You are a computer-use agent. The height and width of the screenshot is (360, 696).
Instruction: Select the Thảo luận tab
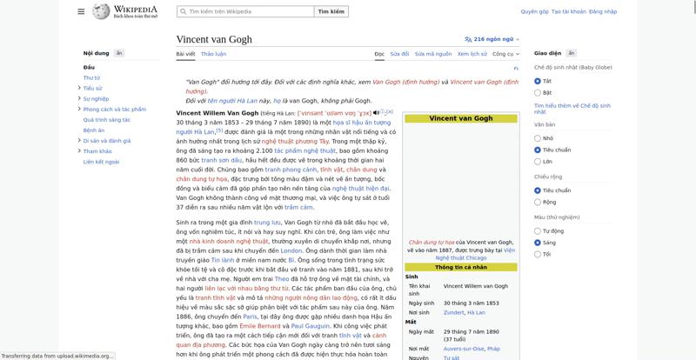(213, 54)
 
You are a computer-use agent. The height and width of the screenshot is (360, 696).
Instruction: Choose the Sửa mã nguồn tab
(432, 54)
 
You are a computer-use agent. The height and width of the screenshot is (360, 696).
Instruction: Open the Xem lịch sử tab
(472, 54)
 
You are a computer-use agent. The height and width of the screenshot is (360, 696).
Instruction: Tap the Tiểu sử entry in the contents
(92, 88)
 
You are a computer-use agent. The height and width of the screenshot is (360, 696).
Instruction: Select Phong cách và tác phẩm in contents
(114, 110)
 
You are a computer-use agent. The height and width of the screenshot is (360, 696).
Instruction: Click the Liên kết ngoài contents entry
(101, 162)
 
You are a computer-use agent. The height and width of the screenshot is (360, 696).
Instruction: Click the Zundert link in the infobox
(453, 312)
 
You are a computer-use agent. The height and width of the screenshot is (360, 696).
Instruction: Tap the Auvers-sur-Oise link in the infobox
(462, 349)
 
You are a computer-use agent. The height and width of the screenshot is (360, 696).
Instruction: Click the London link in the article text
(291, 250)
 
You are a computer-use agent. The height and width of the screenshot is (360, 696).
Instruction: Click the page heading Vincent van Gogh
(224, 39)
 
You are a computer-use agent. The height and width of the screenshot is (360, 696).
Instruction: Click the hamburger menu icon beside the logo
(81, 12)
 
